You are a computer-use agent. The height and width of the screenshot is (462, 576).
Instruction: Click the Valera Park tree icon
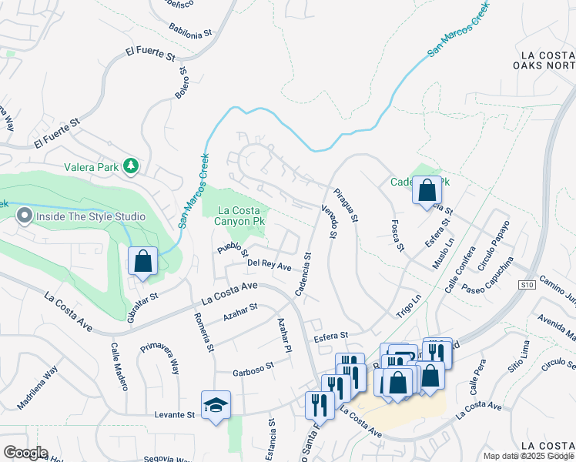click(x=132, y=166)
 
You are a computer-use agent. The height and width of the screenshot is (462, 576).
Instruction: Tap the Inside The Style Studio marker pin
click(x=24, y=216)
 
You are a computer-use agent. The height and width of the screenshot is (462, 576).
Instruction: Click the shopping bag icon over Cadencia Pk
click(x=427, y=189)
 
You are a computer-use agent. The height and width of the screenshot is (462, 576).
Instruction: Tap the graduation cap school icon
click(x=216, y=405)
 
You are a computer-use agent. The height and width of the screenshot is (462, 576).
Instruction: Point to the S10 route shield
click(x=527, y=284)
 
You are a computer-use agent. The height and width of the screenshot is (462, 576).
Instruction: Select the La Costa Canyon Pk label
click(x=244, y=216)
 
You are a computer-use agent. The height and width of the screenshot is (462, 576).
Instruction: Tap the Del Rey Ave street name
click(x=270, y=265)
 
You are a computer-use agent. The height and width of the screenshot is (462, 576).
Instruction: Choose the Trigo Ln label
click(x=409, y=303)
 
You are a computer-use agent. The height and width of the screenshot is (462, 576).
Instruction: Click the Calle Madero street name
click(x=119, y=367)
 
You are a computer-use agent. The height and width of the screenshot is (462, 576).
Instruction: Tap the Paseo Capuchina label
click(x=487, y=278)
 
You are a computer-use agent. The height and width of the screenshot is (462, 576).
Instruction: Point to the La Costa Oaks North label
click(x=547, y=60)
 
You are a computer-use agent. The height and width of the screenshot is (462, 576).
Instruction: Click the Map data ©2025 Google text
click(x=528, y=456)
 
